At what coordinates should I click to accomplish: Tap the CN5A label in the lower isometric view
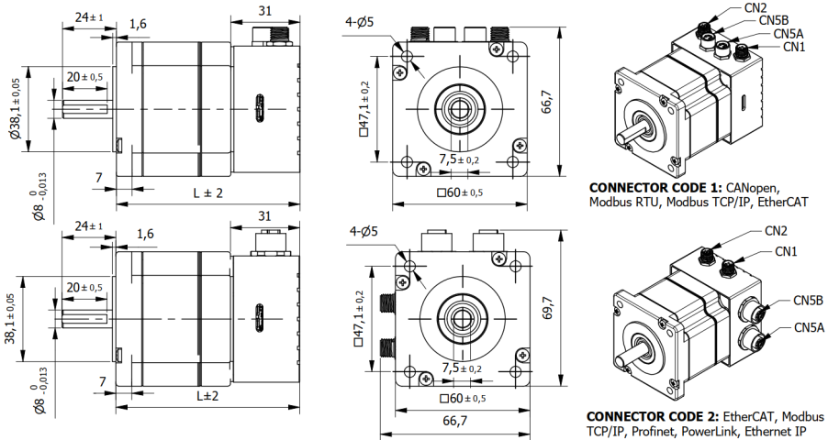[808, 327]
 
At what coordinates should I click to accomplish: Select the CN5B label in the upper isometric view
[777, 19]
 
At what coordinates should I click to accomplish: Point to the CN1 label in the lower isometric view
[786, 252]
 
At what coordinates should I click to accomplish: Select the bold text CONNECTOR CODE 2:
[654, 415]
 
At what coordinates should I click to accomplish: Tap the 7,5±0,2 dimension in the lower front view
[460, 368]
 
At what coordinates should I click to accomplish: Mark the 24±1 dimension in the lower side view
[88, 225]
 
